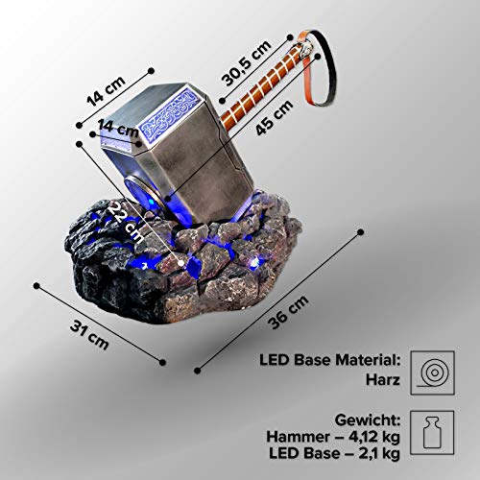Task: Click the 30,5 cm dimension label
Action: coord(246,63)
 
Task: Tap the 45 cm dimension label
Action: coord(275,117)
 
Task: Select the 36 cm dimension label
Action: coord(288,312)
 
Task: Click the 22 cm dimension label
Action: coord(126,222)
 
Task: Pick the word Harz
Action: coord(383,380)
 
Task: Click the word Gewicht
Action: coord(368,420)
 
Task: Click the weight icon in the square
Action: coord(432,433)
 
